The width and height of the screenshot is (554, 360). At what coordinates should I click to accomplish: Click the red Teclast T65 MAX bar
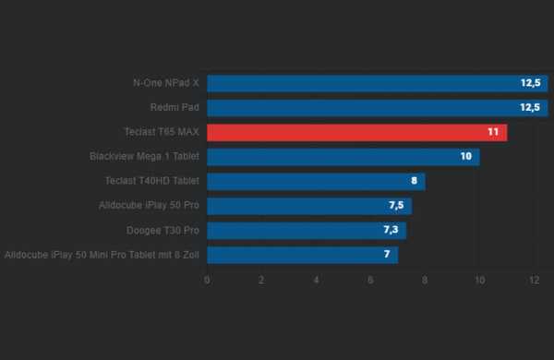click(x=356, y=132)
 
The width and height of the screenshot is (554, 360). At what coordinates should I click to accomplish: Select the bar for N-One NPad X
click(x=377, y=83)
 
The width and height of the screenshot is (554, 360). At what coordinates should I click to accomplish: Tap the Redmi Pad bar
click(x=377, y=107)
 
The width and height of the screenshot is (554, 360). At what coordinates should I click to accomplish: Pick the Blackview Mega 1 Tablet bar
click(x=343, y=157)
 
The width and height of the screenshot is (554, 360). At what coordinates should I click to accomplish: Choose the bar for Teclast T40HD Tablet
click(x=316, y=181)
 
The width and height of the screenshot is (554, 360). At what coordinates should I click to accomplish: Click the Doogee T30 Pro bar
click(x=306, y=230)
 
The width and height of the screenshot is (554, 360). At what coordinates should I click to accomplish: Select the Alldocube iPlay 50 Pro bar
click(x=308, y=205)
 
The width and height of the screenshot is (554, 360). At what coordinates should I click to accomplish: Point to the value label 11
click(x=493, y=132)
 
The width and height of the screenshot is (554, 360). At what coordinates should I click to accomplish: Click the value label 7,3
click(x=391, y=230)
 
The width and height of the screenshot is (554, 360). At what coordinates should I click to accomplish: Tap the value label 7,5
click(x=397, y=205)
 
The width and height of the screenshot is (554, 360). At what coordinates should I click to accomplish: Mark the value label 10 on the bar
click(x=465, y=157)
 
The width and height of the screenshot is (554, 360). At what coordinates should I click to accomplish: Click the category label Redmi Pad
click(x=175, y=107)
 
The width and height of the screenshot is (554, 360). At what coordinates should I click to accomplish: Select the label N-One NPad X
click(x=166, y=83)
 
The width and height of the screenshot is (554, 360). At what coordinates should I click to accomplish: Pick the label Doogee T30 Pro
click(x=163, y=230)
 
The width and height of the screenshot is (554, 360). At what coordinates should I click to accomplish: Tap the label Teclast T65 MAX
click(x=162, y=132)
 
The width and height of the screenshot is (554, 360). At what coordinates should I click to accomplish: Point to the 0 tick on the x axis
click(x=207, y=279)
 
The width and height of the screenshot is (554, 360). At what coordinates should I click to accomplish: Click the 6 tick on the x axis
click(x=370, y=279)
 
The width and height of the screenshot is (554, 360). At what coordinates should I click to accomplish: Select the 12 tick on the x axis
click(x=534, y=279)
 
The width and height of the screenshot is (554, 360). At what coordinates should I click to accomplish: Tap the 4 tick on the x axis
click(x=316, y=279)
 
